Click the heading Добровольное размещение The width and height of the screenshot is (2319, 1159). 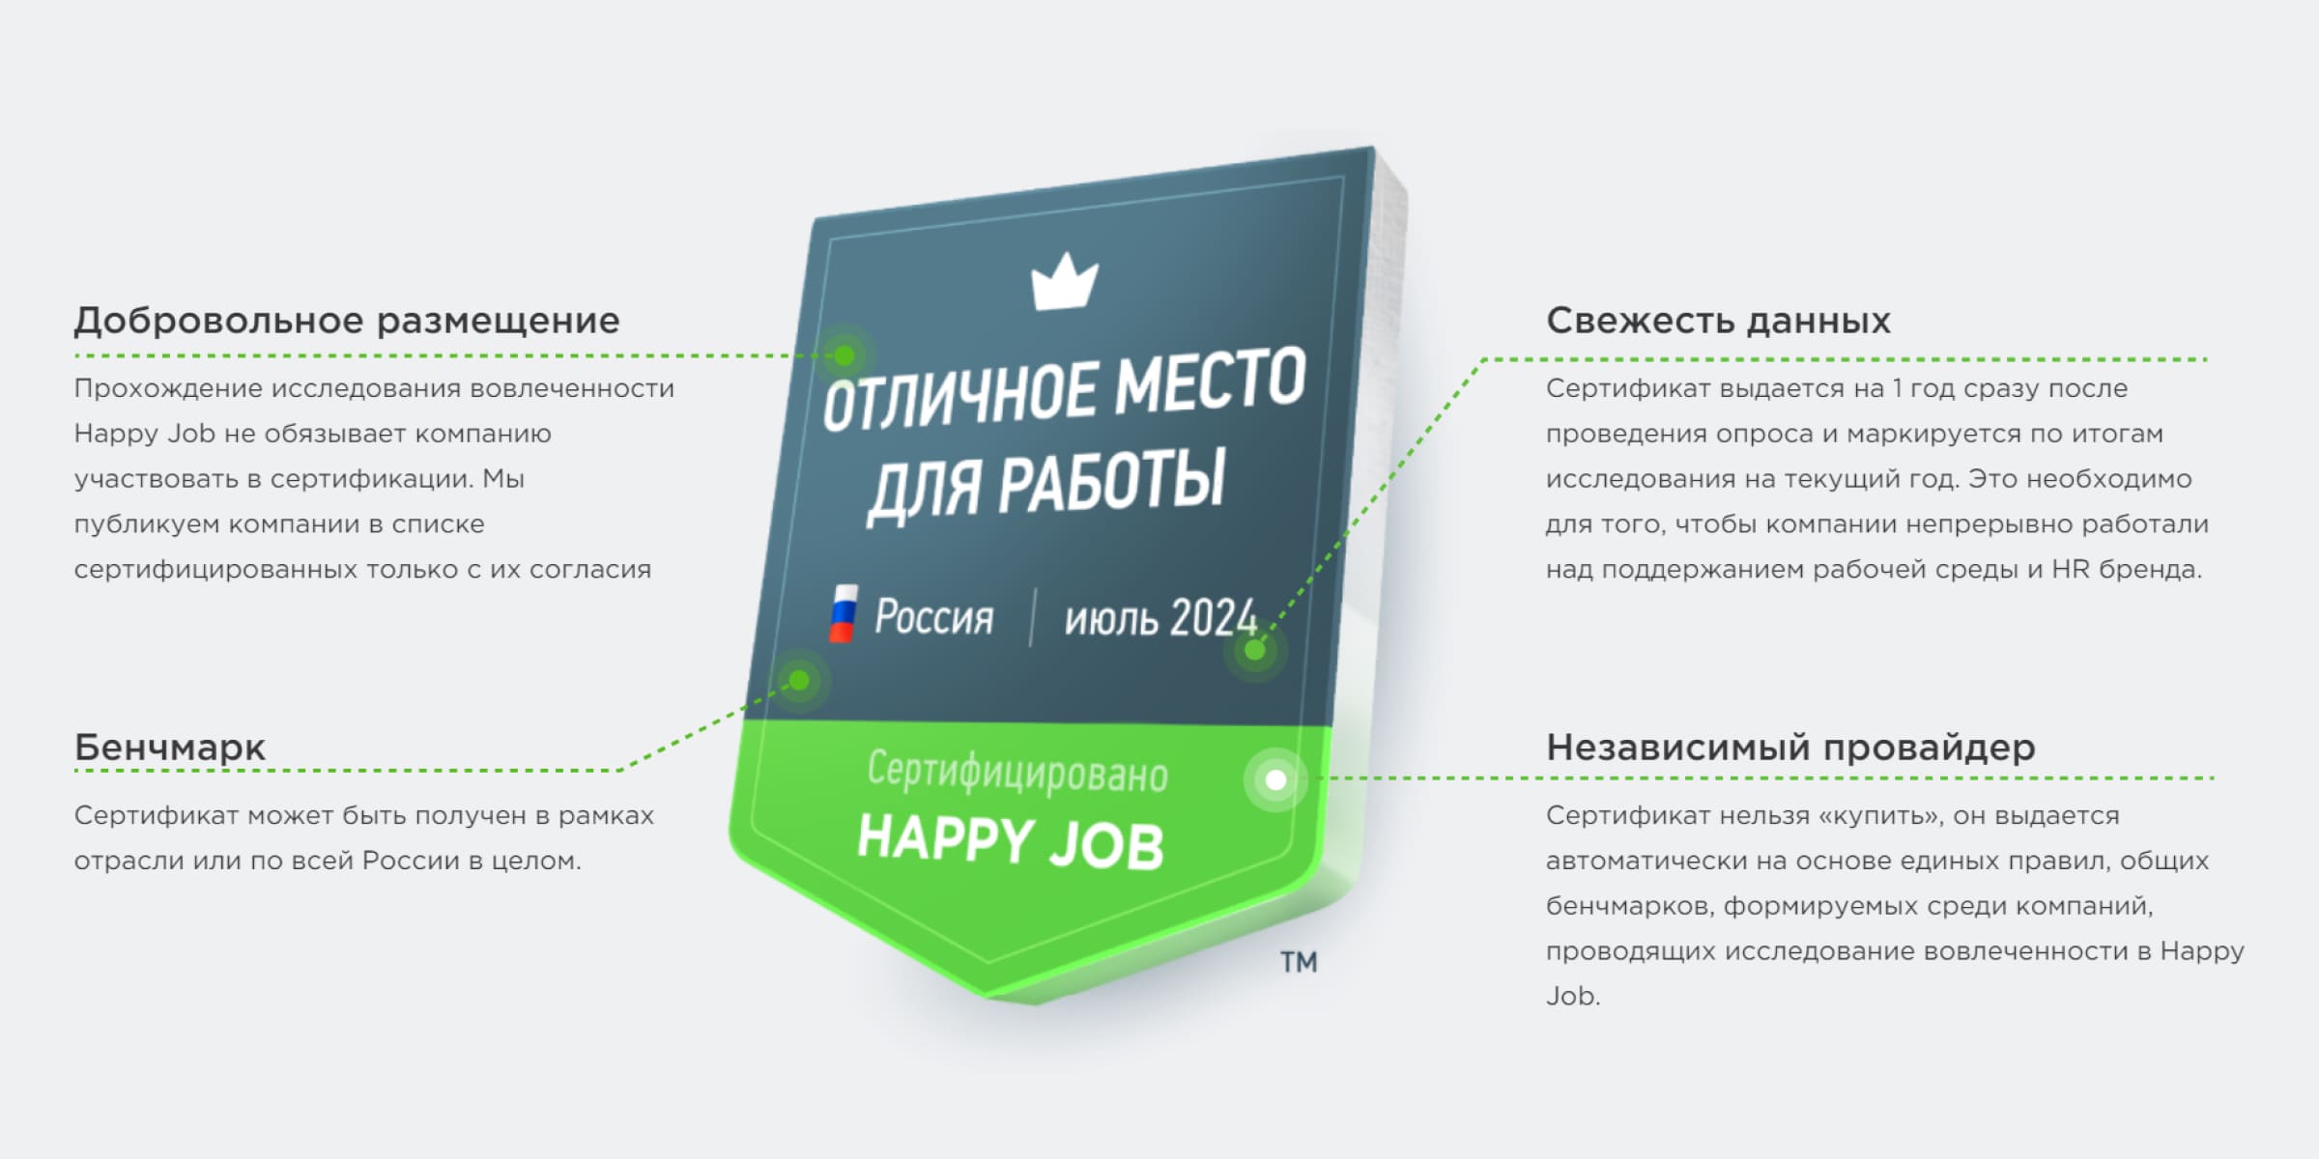coord(347,321)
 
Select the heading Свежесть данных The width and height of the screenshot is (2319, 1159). coord(1717,321)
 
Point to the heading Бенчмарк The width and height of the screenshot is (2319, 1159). coord(170,748)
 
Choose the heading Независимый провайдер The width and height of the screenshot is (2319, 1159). coord(1790,748)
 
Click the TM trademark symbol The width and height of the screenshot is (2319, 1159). coord(1299,962)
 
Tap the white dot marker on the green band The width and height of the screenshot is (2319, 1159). coord(1275,779)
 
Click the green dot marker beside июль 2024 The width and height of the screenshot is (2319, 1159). coord(1254,650)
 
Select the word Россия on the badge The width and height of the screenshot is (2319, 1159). coord(933,616)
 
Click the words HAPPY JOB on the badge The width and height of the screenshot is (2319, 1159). coord(1011,840)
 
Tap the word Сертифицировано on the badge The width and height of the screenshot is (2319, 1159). coord(1016,773)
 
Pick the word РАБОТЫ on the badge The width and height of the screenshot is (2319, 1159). coord(1111,480)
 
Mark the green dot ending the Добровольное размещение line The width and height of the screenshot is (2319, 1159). coord(845,355)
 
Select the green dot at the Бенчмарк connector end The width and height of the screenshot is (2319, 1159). coord(799,681)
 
